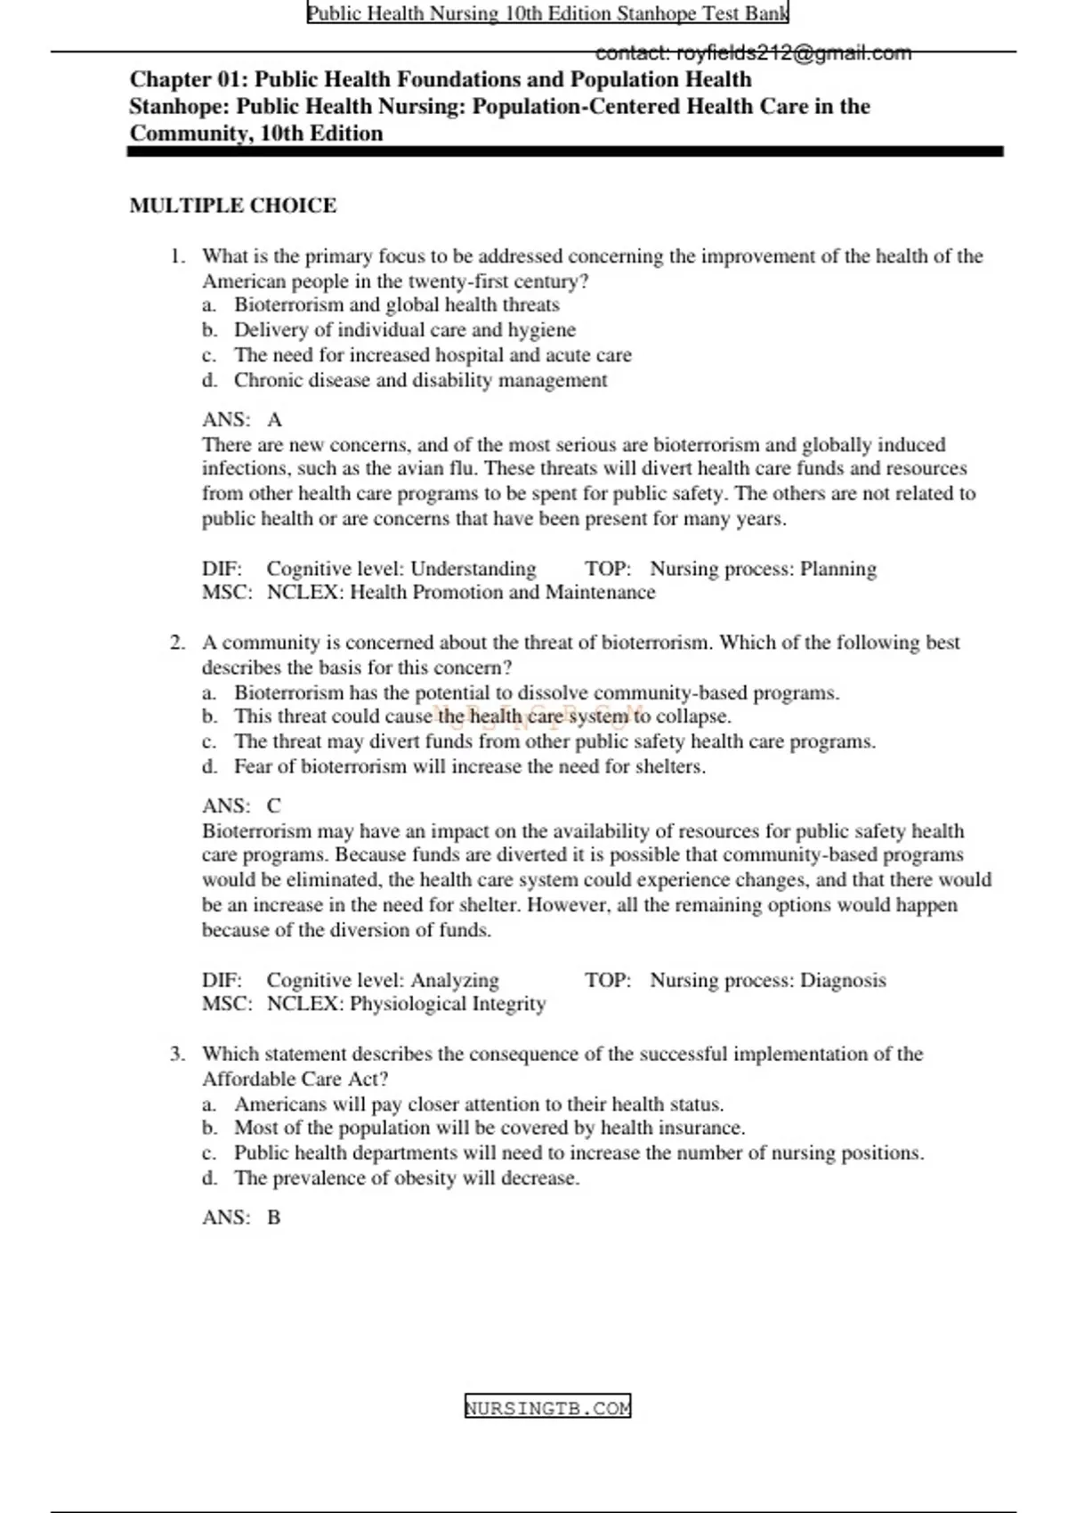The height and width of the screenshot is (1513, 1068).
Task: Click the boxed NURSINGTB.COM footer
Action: coord(547,1407)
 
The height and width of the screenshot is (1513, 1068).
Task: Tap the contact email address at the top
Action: coord(753,53)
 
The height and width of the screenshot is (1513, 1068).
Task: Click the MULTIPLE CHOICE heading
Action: coord(233,206)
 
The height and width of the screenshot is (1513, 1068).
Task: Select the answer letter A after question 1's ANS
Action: coord(274,419)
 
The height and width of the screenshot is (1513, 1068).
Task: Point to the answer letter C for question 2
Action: coord(274,805)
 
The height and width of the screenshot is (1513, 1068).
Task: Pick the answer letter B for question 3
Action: coord(274,1217)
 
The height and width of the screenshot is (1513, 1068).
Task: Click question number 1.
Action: coord(177,256)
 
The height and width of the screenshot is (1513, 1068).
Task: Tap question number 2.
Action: coord(177,643)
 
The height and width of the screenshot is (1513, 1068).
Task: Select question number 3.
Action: coord(177,1054)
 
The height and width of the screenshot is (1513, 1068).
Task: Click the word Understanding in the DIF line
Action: coord(473,569)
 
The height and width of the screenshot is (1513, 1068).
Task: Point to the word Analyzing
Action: coord(454,980)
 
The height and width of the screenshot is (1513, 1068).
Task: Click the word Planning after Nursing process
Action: coord(837,569)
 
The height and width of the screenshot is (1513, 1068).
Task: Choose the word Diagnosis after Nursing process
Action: coord(843,980)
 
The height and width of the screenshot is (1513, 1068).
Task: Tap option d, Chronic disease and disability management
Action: coord(420,380)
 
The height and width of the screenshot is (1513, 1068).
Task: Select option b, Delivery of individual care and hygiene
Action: coord(404,330)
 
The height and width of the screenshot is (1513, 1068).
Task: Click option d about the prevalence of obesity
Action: coord(406,1177)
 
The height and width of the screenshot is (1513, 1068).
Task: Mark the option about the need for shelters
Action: coord(469,766)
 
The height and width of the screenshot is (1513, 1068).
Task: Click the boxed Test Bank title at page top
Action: coord(547,13)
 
